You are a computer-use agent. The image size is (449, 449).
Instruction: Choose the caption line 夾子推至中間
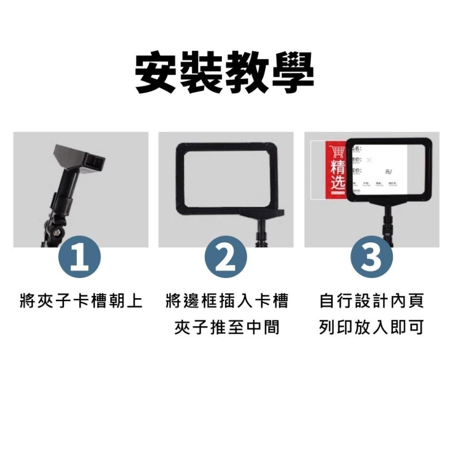(x=226, y=328)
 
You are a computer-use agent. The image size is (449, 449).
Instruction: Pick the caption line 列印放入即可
(x=371, y=328)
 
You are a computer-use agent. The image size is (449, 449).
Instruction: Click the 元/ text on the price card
(x=388, y=172)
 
